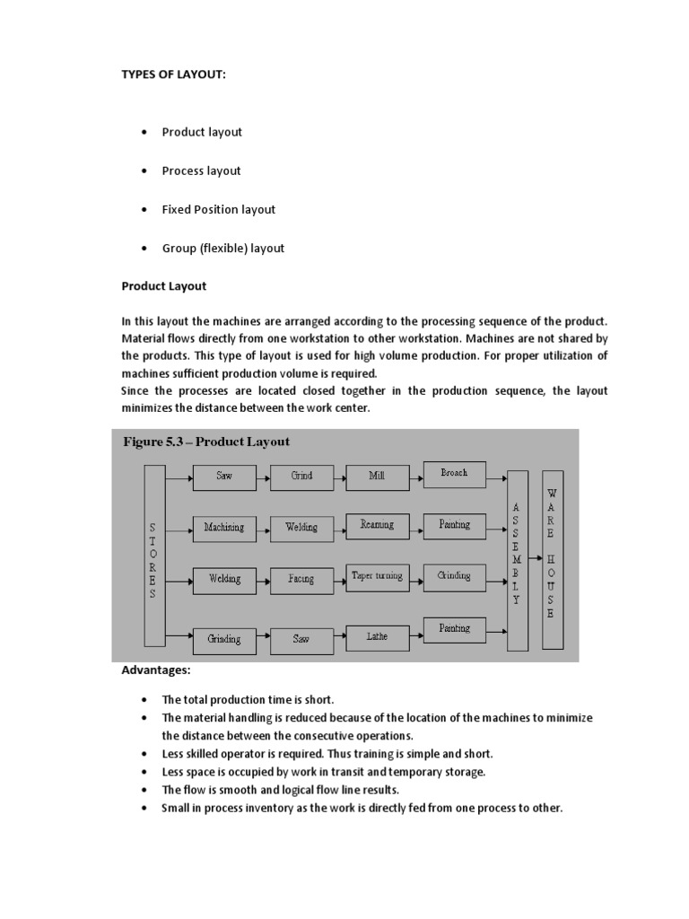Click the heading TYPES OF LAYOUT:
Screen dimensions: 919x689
[x=174, y=74]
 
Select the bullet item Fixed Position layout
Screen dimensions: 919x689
[x=218, y=209]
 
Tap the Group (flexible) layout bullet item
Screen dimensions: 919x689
[x=222, y=248]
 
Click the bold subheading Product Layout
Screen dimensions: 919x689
[x=164, y=286]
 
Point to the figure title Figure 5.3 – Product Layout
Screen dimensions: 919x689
[x=205, y=442]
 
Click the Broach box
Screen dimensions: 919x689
[x=454, y=474]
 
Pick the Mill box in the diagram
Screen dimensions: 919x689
[x=377, y=477]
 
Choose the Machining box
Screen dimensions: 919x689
[x=223, y=528]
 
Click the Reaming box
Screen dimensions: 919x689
[x=377, y=525]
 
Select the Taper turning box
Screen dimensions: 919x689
[x=377, y=577]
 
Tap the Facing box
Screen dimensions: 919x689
[x=301, y=580]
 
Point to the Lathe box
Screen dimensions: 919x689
[x=377, y=636]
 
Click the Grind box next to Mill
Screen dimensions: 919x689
[x=301, y=477]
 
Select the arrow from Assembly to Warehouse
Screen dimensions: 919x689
[x=535, y=557]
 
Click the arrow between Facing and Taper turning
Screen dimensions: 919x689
[x=339, y=580]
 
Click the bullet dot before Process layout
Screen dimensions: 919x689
[x=144, y=171]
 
